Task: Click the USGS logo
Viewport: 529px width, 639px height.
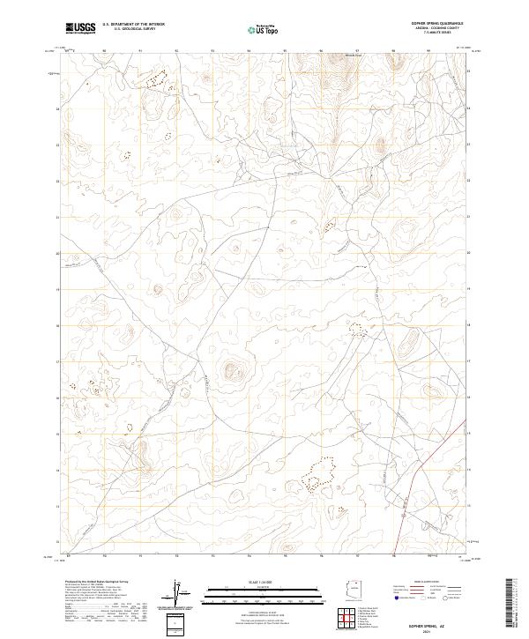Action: click(80, 29)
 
